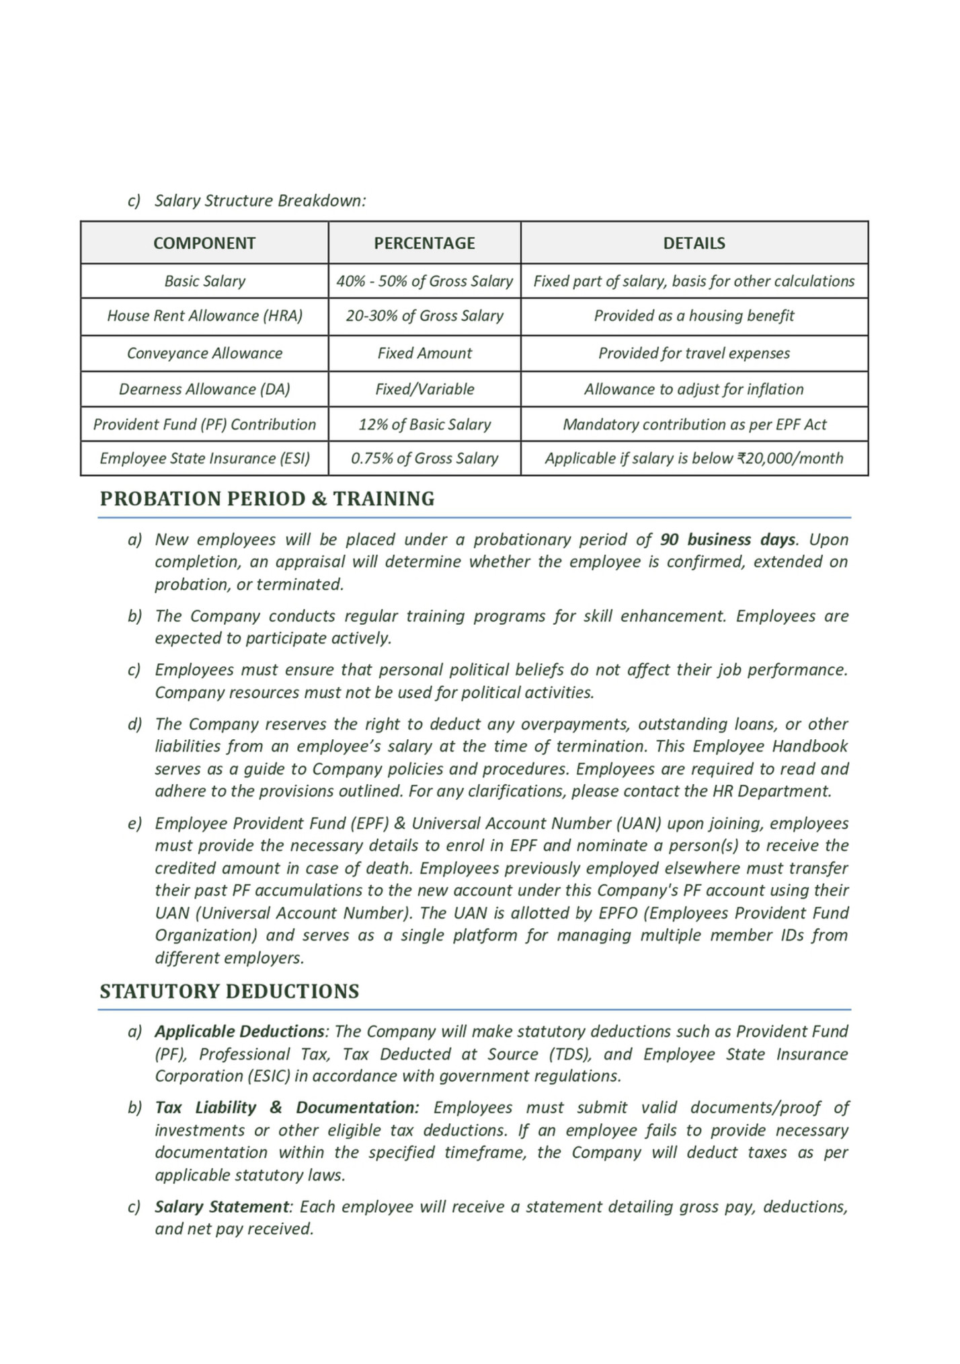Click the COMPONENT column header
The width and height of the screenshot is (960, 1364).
point(204,243)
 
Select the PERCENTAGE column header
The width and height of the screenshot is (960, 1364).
point(424,243)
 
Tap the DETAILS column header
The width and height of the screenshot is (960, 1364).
point(694,243)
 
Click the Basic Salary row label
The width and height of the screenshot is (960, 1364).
point(204,281)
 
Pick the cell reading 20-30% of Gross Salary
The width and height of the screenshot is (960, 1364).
point(424,316)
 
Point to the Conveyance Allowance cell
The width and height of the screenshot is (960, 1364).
point(204,353)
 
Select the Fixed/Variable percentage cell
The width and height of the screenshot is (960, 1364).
point(424,389)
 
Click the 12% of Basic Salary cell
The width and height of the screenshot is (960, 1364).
point(424,424)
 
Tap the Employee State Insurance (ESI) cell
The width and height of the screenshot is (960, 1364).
point(204,459)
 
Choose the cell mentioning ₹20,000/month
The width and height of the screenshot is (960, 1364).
point(694,459)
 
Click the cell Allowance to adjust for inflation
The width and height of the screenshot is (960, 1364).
point(694,389)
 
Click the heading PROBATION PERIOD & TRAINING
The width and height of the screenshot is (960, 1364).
point(267,499)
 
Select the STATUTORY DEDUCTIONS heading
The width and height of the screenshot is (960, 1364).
point(229,991)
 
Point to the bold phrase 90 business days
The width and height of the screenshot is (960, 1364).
point(727,540)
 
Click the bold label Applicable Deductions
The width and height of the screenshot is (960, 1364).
point(239,1032)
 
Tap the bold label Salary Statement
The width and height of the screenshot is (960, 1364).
point(222,1207)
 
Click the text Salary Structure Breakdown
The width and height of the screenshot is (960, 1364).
point(260,201)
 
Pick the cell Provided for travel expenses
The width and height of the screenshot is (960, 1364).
point(694,353)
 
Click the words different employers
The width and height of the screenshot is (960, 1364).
point(229,958)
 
